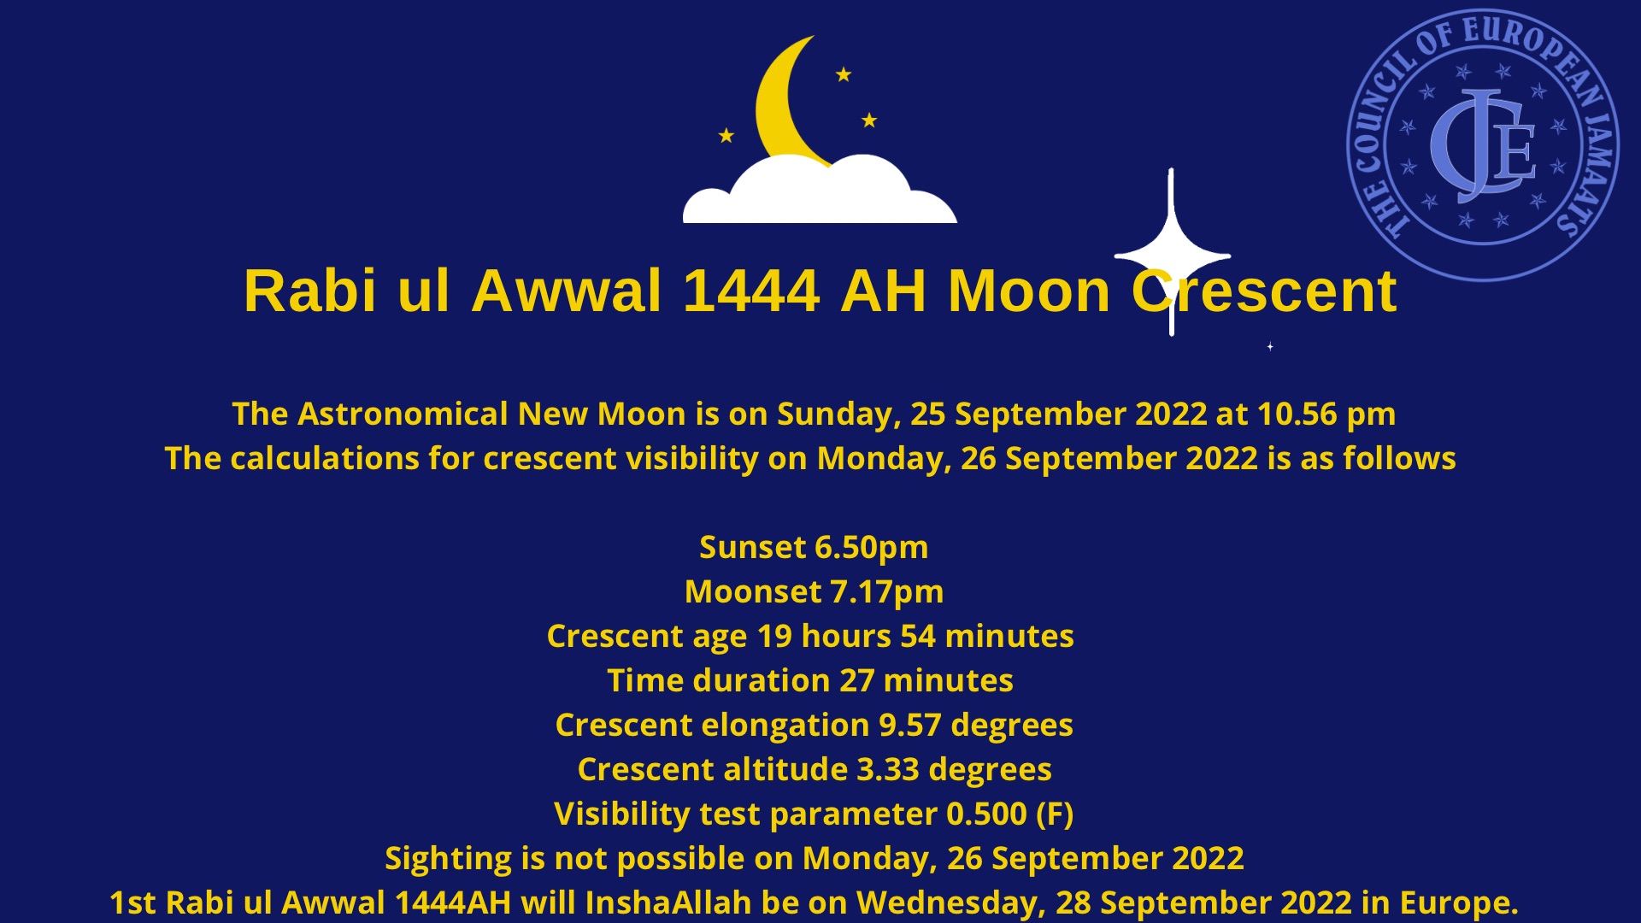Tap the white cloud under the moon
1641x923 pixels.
820,191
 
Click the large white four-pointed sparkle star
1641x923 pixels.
1172,253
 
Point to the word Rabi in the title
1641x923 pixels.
309,291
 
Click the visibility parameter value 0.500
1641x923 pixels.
987,814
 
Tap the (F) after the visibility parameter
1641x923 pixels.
1055,814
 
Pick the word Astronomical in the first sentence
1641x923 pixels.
403,414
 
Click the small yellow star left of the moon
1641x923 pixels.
726,135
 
